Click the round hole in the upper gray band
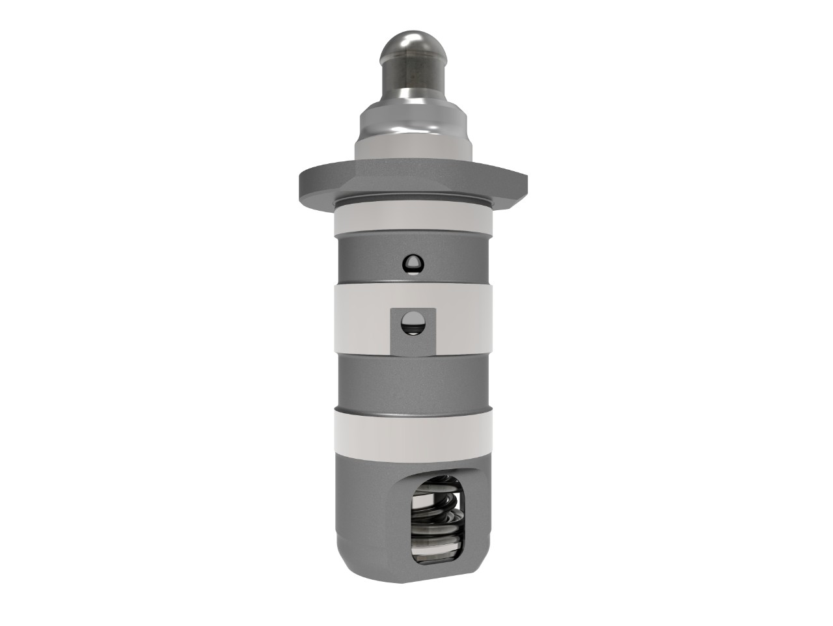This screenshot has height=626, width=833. pos(413,263)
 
